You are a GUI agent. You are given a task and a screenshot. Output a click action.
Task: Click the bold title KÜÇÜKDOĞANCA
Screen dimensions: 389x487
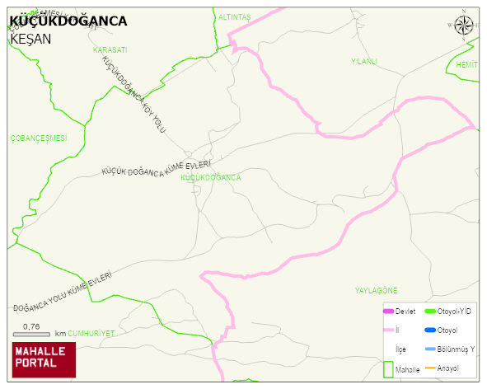point(68,21)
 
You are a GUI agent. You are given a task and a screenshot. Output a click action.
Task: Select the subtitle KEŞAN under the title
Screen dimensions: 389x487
point(30,39)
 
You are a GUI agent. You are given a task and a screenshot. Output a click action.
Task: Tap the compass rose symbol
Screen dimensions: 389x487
point(464,26)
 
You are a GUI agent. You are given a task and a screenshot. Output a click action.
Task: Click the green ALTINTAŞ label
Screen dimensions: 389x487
point(234,16)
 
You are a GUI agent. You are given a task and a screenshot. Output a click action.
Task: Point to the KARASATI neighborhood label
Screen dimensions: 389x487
point(110,50)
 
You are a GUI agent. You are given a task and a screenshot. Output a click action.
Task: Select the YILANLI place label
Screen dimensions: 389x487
point(363,61)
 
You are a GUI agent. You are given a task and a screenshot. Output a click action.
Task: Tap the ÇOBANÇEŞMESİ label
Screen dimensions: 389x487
point(38,138)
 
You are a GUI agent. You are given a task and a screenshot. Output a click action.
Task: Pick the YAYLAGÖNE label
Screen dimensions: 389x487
point(376,291)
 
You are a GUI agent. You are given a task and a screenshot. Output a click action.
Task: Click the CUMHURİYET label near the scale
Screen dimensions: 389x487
point(91,334)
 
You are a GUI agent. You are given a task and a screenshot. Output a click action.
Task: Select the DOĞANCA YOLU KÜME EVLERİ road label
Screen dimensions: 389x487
point(63,293)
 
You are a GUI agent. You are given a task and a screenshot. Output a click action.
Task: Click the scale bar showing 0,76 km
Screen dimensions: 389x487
point(31,334)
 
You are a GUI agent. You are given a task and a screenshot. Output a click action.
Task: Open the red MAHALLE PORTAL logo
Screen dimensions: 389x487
point(44,359)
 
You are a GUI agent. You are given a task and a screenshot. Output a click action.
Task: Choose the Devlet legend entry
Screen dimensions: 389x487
point(399,312)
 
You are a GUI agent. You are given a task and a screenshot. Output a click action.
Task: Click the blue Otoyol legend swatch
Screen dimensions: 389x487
point(429,330)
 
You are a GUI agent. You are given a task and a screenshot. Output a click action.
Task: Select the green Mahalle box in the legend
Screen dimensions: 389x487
point(388,369)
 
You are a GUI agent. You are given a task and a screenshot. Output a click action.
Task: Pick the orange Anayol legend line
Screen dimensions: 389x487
point(429,368)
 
